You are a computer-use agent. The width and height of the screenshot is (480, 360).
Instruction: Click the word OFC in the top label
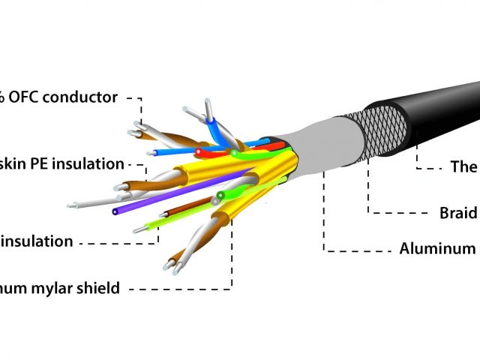pyautogui.click(x=26, y=97)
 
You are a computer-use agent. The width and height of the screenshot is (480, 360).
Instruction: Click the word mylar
pyautogui.click(x=55, y=287)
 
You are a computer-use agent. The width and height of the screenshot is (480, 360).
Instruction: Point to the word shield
pyautogui.click(x=99, y=287)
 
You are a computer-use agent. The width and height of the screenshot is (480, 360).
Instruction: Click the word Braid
pyautogui.click(x=457, y=213)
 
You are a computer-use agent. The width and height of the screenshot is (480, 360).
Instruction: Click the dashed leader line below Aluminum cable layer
pyautogui.click(x=325, y=217)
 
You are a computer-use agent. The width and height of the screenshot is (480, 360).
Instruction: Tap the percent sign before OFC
pyautogui.click(x=3, y=97)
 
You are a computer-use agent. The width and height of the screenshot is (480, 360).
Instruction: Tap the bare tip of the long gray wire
pyautogui.click(x=71, y=205)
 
